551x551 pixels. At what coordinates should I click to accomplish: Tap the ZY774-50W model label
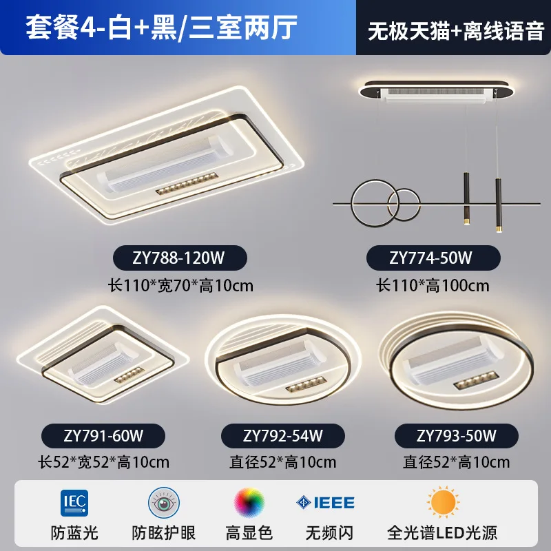(433, 258)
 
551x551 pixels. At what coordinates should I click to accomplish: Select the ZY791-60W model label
(103, 435)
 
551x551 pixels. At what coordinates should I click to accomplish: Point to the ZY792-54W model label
(283, 435)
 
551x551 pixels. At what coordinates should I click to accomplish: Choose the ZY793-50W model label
(456, 435)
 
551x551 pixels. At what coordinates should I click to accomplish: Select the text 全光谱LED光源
(442, 532)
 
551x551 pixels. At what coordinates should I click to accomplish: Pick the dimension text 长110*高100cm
(433, 284)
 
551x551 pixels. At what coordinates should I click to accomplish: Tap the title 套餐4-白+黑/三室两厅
(162, 28)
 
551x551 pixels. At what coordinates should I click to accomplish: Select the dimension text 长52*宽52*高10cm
(103, 461)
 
